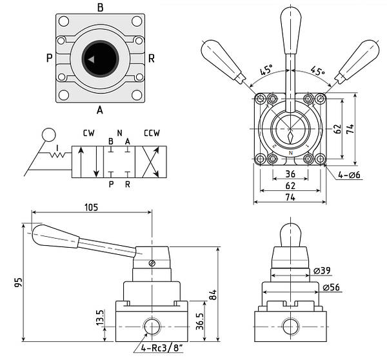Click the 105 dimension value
point(91,207)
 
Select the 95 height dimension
point(18,282)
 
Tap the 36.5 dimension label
point(199,321)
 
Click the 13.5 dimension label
point(100,317)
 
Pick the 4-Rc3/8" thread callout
point(162,348)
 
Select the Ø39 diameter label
point(322,270)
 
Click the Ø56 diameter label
point(331,287)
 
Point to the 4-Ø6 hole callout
point(349,175)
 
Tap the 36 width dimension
point(290,174)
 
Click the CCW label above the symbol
point(152,133)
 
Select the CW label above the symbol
point(88,133)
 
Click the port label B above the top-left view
point(100,8)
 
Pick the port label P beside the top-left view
point(50,58)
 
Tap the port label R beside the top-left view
point(152,59)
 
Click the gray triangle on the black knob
point(91,59)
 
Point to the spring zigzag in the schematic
point(57,155)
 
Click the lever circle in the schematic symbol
point(49,135)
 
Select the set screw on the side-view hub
point(152,263)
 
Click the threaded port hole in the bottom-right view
point(291,326)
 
